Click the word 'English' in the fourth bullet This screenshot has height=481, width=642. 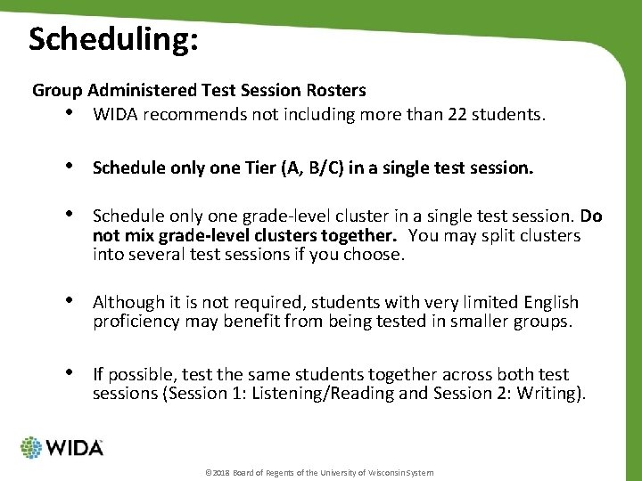tap(547, 303)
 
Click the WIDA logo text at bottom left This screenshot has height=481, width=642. tap(74, 447)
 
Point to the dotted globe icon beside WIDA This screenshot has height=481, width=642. tap(31, 448)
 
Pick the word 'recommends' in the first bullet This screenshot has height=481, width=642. tap(184, 116)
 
